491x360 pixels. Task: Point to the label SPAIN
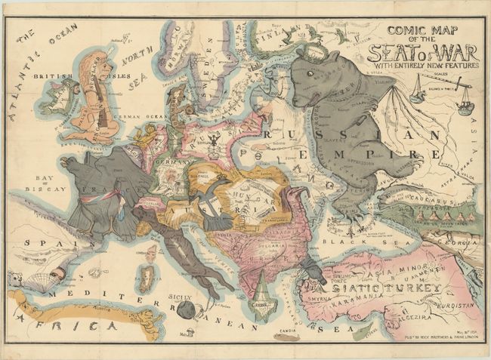coord(42,243)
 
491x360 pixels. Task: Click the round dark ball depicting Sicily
coord(184,309)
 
